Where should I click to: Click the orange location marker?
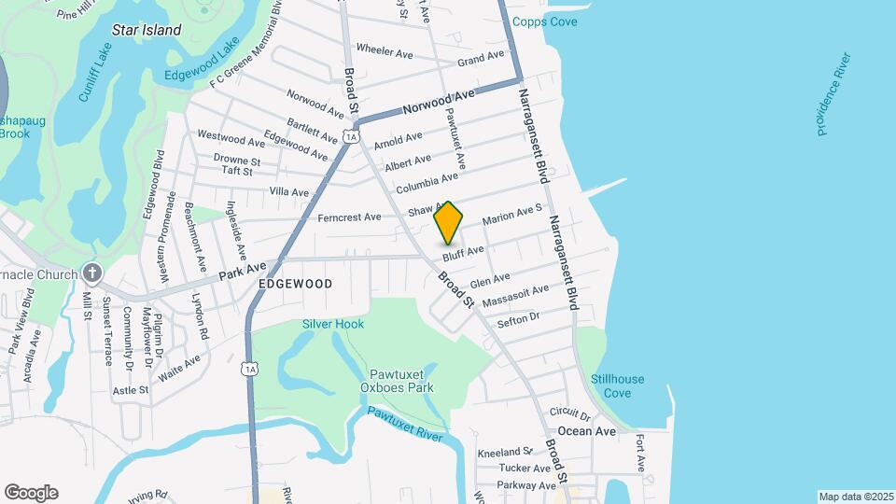449,223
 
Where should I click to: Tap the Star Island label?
147,30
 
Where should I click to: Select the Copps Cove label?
572,21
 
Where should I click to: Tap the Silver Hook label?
332,324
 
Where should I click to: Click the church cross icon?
91,273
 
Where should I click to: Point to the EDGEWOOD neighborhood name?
296,282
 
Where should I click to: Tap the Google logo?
31,493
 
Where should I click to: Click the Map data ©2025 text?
855,497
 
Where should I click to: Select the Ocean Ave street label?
587,431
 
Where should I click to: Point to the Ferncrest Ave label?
349,217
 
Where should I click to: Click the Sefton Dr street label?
519,319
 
